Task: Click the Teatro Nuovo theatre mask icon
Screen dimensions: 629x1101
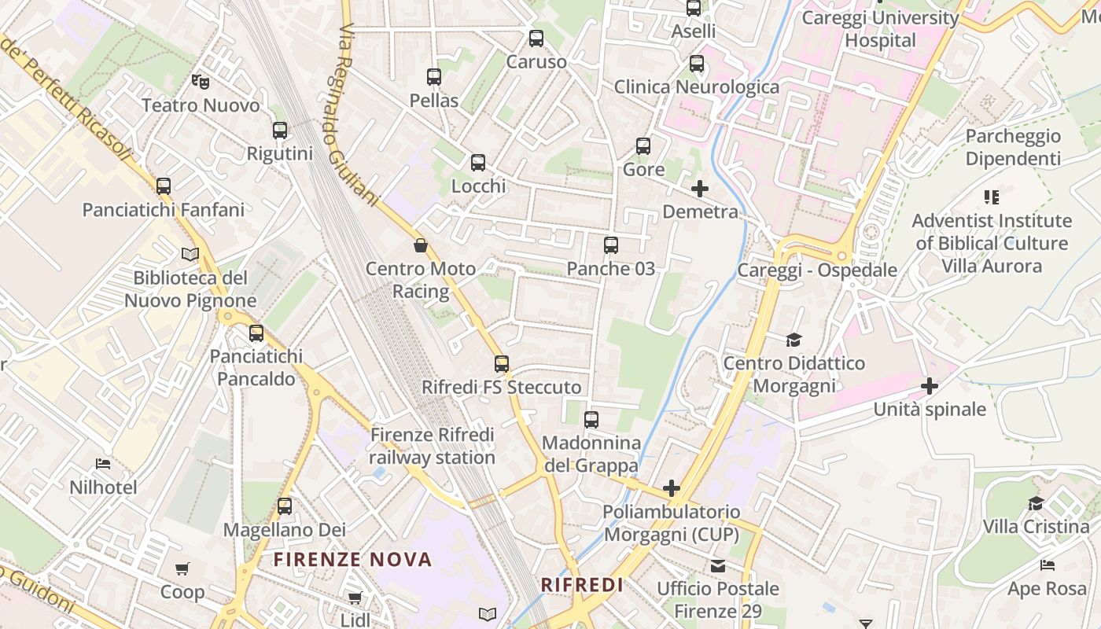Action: [201, 81]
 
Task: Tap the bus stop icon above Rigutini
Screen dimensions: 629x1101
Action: [280, 131]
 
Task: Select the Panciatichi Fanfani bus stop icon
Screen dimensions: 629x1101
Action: [164, 186]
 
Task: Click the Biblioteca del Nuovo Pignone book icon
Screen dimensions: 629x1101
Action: [190, 254]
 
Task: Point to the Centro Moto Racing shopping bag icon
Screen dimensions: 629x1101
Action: [421, 245]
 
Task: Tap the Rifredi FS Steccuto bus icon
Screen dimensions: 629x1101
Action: [502, 364]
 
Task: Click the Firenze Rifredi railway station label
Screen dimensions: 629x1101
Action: [432, 446]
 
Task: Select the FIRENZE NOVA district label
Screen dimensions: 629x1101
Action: [353, 560]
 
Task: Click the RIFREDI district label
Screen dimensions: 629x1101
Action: [582, 585]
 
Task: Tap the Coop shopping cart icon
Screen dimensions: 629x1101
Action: [182, 568]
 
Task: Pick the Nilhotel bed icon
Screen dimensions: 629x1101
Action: [103, 464]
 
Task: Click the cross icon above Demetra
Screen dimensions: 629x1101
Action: [700, 189]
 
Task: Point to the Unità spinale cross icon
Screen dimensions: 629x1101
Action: [930, 386]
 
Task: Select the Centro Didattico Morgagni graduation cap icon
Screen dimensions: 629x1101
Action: [794, 340]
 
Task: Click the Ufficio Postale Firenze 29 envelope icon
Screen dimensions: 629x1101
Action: [718, 565]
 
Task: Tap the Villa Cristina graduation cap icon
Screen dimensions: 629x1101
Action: [1036, 503]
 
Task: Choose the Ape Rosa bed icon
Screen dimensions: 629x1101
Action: [1047, 565]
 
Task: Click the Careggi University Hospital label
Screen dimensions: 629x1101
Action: [880, 29]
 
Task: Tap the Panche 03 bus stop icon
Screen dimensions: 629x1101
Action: [611, 245]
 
